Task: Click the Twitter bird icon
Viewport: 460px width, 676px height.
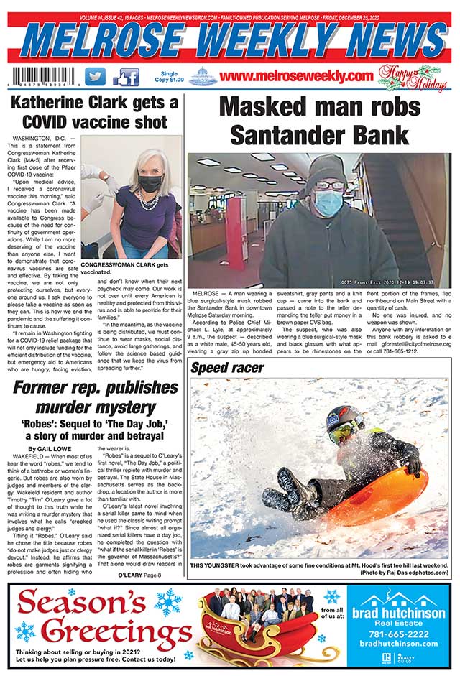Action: (95, 76)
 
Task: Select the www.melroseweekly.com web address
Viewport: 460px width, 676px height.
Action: (297, 76)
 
